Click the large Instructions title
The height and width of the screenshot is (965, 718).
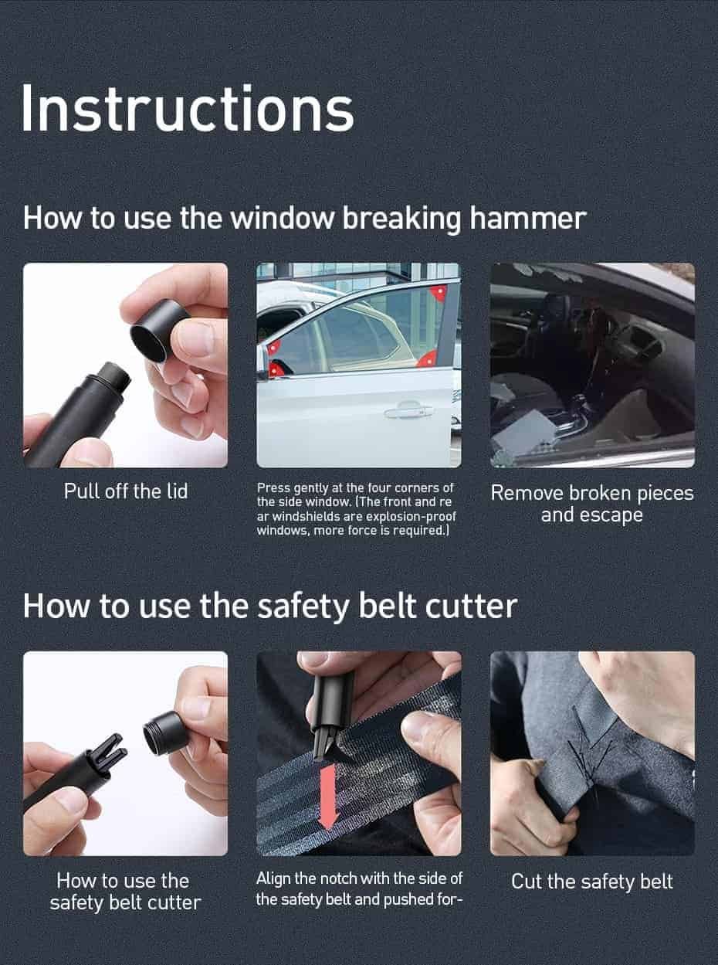click(187, 108)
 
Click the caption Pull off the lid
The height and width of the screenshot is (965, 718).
click(125, 491)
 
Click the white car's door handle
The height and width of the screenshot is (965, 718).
click(408, 411)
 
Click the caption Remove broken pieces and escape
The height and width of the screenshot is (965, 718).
click(592, 504)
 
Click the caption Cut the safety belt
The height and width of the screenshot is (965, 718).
click(592, 882)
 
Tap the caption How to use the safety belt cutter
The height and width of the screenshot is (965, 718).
click(125, 892)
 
